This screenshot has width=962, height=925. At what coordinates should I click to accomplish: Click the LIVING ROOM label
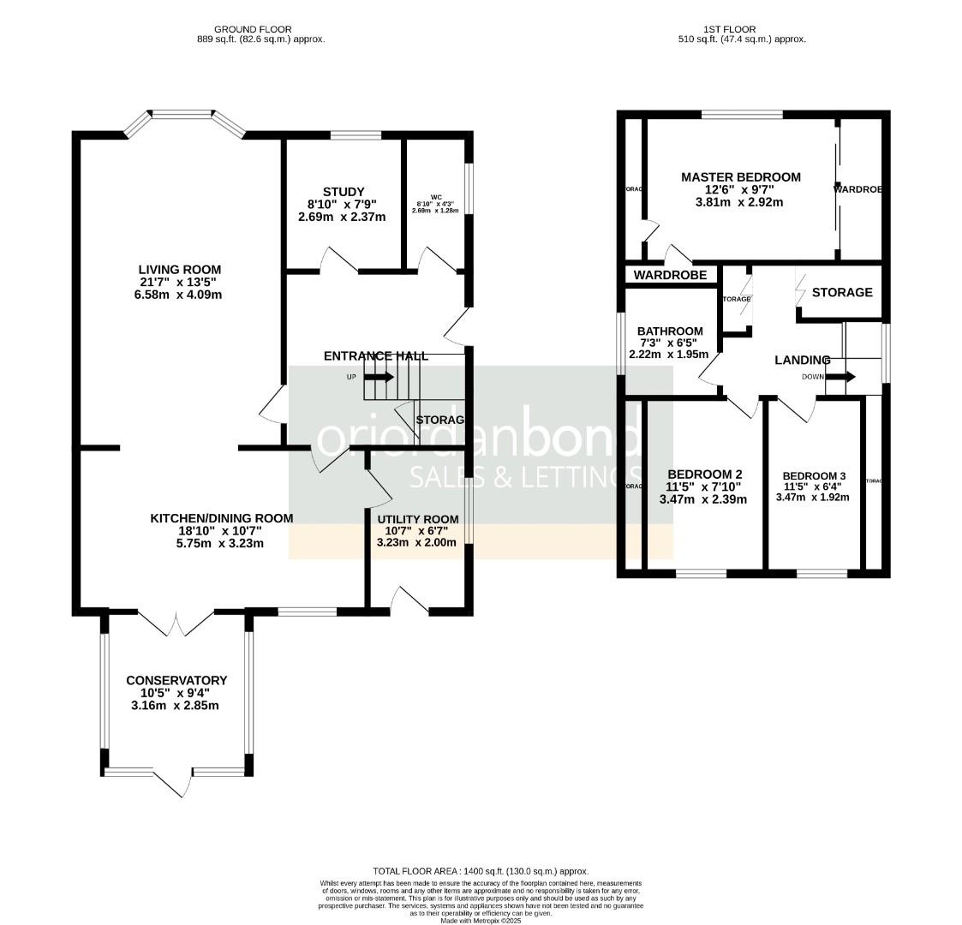(x=175, y=269)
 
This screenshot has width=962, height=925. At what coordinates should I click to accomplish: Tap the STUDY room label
(x=343, y=191)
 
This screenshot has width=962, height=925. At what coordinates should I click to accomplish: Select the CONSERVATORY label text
(x=176, y=680)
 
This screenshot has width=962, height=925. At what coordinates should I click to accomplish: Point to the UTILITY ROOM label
(x=418, y=519)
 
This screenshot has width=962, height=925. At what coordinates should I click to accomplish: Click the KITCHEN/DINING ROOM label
(x=221, y=518)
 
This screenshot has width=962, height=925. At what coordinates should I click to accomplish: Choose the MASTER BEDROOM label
(x=740, y=177)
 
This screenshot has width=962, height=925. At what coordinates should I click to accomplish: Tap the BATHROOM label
(x=669, y=331)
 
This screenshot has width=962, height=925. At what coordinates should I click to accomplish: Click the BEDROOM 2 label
(x=704, y=474)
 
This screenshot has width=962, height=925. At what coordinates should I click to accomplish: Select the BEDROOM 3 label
(x=813, y=476)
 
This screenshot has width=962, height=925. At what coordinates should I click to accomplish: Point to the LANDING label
(x=802, y=360)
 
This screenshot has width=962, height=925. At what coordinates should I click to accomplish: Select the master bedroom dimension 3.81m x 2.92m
(x=739, y=203)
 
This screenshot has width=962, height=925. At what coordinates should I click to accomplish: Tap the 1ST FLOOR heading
(x=741, y=29)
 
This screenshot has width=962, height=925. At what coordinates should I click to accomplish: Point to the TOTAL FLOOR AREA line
(x=481, y=871)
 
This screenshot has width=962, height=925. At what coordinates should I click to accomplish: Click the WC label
(x=435, y=197)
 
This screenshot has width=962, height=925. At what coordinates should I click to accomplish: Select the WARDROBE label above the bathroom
(x=670, y=275)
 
